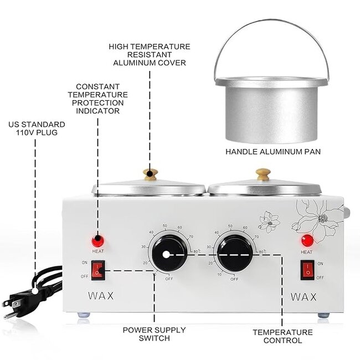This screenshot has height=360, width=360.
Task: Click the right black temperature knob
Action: (235, 253)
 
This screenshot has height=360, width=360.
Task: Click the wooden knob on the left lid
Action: (150, 173)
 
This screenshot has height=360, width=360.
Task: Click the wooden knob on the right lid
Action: (263, 173)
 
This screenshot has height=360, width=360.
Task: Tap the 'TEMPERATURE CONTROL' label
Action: (282, 336)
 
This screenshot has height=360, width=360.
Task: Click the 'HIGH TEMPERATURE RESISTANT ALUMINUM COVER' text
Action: (150, 54)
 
